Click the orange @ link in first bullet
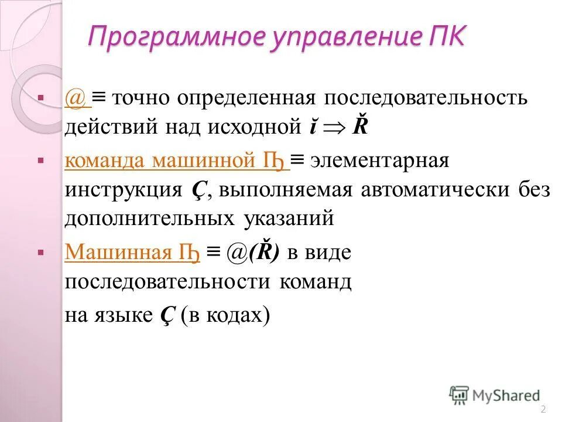pyautogui.click(x=76, y=98)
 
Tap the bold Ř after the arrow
pyautogui.click(x=359, y=125)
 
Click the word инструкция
pyautogui.click(x=122, y=190)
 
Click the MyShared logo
pyautogui.click(x=495, y=396)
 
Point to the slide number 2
pyautogui.click(x=543, y=409)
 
